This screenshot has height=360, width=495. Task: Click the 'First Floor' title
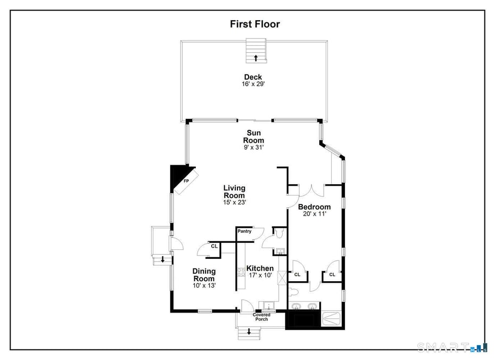click(254, 24)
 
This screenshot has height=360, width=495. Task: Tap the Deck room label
click(253, 77)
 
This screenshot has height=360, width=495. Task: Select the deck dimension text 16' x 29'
click(253, 84)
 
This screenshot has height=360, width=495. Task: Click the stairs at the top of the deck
click(255, 52)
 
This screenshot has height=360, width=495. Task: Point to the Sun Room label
click(254, 136)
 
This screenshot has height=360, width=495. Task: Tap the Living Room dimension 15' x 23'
click(234, 202)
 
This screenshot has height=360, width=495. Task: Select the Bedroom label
click(314, 207)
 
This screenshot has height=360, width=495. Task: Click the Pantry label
click(244, 231)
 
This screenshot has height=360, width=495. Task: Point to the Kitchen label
click(260, 268)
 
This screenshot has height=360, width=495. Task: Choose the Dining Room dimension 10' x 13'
click(204, 286)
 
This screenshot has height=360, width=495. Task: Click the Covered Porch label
click(261, 317)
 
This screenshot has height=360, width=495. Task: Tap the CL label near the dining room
click(214, 246)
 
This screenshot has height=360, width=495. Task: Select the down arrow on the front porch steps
click(249, 332)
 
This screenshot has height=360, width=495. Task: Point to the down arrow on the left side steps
click(162, 260)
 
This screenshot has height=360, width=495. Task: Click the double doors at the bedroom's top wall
click(311, 190)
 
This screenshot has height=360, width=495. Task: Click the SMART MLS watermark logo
click(452, 347)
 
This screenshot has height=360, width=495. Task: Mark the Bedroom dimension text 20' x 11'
click(314, 214)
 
